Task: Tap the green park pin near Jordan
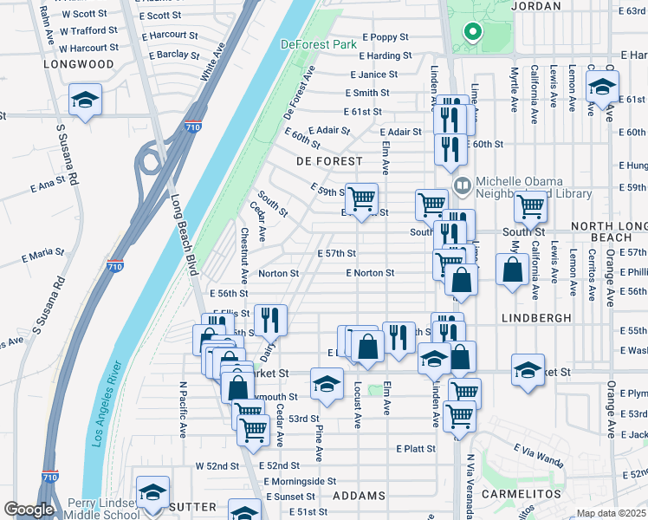[473, 33]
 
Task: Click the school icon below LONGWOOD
[86, 100]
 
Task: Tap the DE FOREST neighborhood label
[329, 161]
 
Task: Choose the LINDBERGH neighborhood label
[536, 318]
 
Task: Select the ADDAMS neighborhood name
[359, 496]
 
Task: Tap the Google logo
[29, 510]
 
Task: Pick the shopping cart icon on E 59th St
[361, 198]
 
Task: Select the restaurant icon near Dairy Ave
[270, 321]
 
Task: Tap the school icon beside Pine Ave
[327, 384]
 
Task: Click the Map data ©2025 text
[610, 513]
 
